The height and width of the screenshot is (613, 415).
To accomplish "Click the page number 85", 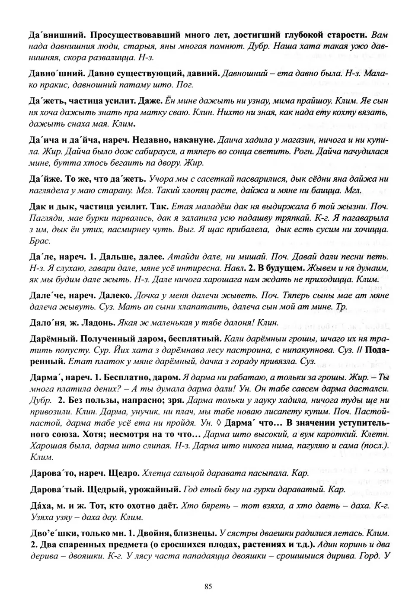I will point(207,587).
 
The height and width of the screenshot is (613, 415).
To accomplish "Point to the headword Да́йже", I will point(47,179).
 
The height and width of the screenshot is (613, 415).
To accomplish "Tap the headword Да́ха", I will point(43,505).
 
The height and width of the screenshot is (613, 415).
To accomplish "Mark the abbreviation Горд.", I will point(367,556).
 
